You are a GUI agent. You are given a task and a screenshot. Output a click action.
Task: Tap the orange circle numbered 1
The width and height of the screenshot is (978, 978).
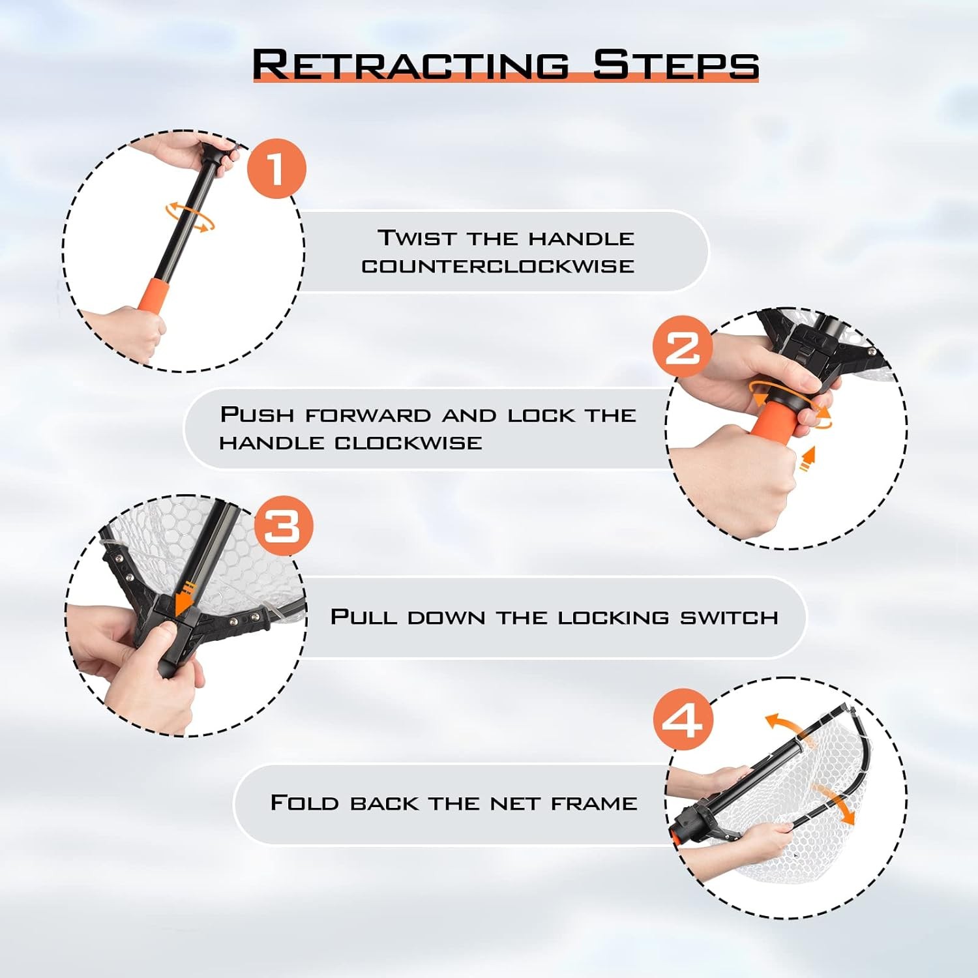click(276, 169)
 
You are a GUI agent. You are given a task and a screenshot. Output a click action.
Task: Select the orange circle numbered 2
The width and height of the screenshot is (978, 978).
click(683, 346)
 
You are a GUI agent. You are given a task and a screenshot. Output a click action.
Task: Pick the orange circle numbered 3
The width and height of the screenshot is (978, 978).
click(284, 526)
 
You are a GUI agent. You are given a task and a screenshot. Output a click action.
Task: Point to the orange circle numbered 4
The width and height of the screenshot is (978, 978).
click(683, 719)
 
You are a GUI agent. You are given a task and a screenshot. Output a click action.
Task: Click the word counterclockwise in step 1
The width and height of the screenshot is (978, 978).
click(498, 266)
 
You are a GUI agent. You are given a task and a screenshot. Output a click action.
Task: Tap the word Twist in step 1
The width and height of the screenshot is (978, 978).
click(417, 237)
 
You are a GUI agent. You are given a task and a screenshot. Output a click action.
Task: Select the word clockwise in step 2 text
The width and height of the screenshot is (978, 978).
click(408, 443)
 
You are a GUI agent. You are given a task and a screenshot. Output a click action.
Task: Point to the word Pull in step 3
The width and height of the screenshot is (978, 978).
click(363, 616)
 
